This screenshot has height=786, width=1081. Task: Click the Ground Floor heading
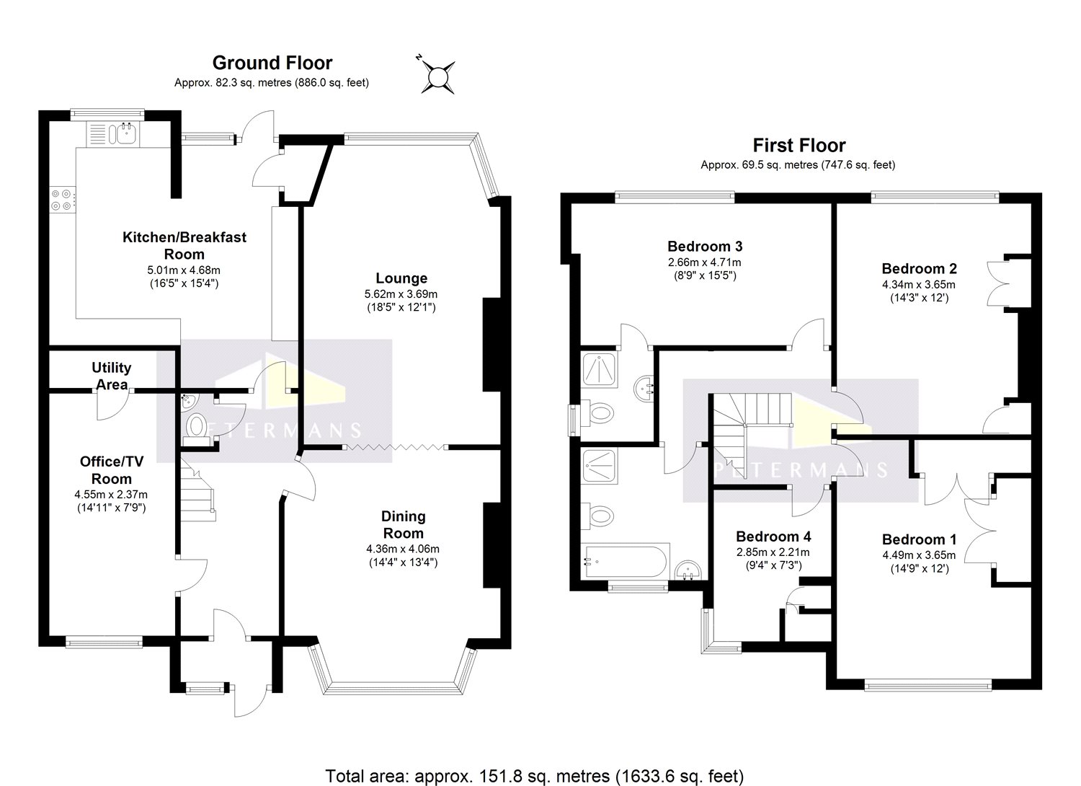[272, 63]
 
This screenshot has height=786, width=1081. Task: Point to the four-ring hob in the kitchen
[62, 200]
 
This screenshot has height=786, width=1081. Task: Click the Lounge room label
[401, 278]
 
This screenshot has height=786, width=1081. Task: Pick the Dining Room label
[403, 524]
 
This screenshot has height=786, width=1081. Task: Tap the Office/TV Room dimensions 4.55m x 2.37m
[111, 495]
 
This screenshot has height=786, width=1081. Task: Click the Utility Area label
[112, 376]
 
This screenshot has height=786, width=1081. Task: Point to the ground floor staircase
[198, 491]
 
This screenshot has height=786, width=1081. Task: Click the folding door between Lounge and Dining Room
[396, 448]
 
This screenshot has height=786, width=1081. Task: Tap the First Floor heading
[799, 146]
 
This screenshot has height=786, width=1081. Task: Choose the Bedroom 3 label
[705, 246]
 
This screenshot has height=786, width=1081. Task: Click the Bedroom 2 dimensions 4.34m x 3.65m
[919, 285]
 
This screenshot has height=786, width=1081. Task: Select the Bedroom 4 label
[773, 536]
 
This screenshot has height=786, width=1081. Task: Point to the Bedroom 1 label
[920, 539]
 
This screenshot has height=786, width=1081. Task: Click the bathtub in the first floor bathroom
[626, 562]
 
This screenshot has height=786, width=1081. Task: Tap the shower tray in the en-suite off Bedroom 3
[599, 371]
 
